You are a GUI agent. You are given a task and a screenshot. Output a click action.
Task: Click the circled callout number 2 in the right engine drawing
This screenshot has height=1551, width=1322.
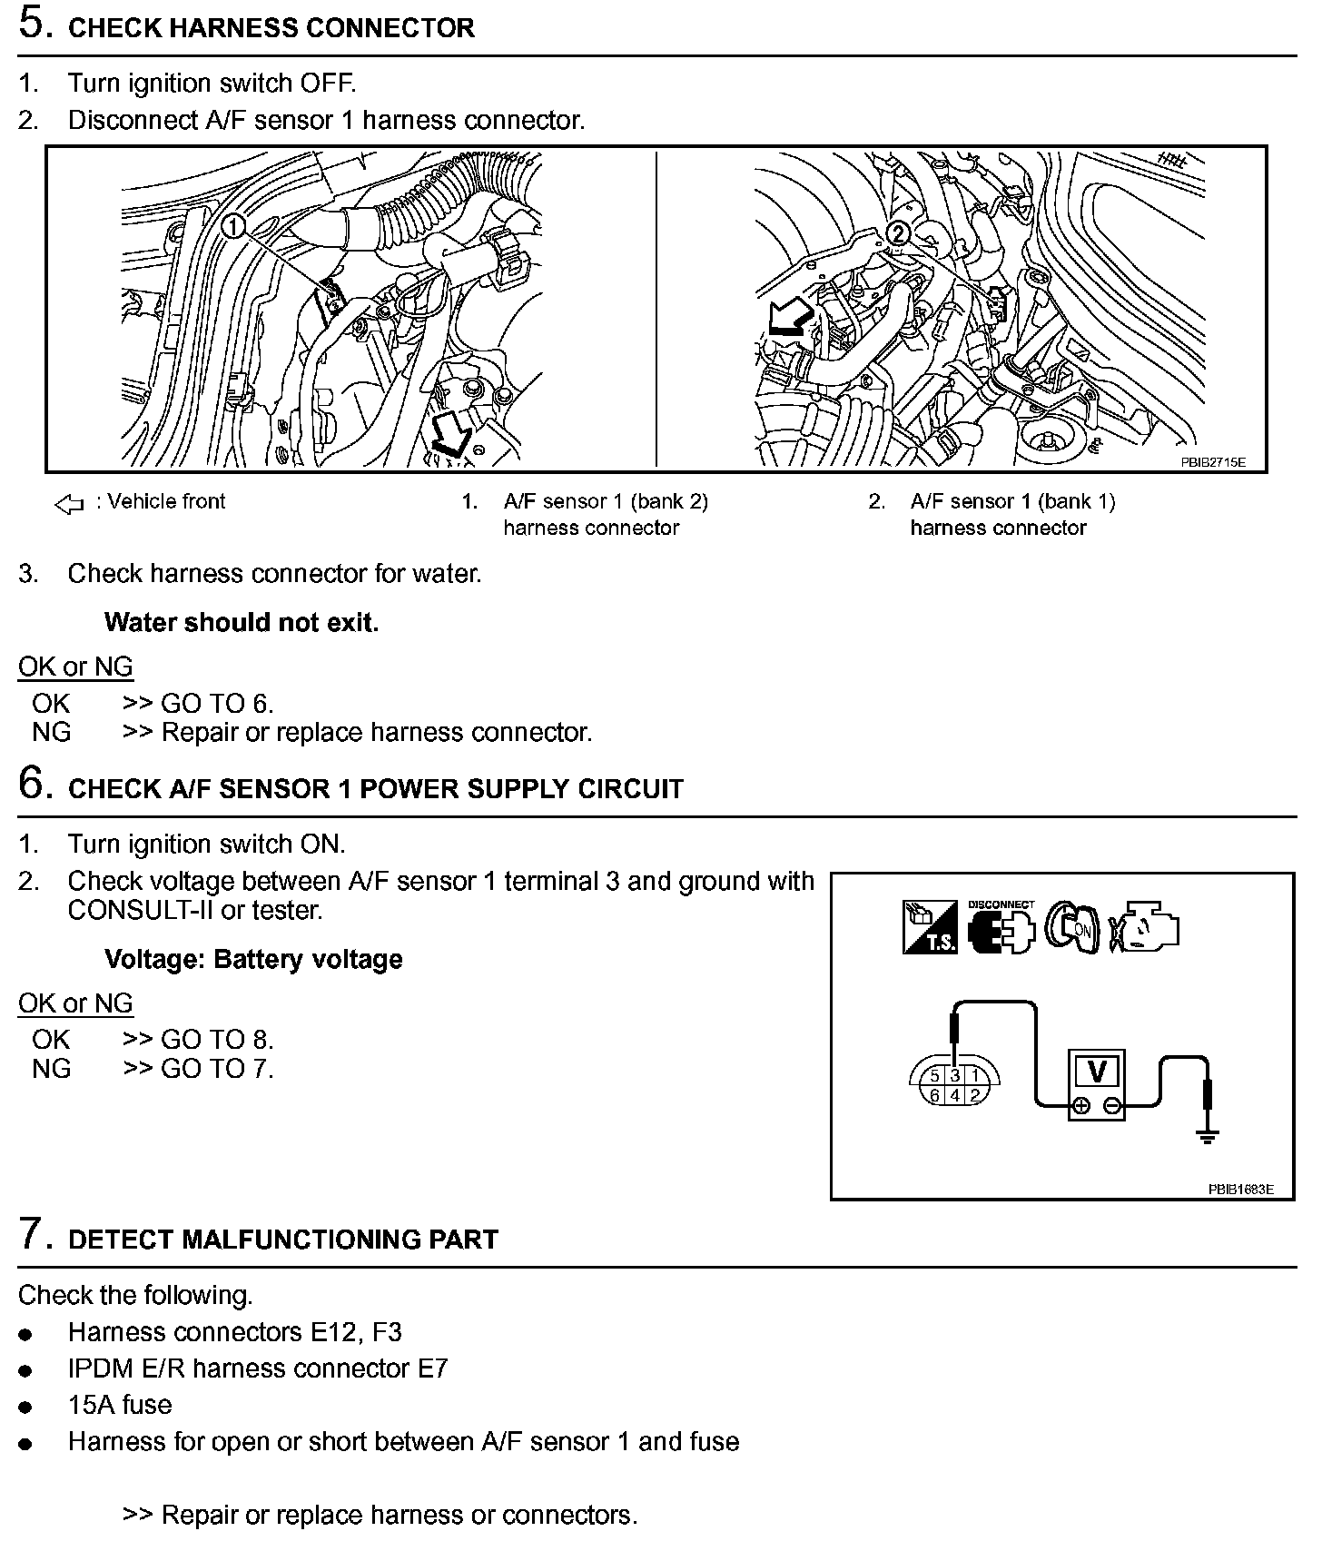point(897,233)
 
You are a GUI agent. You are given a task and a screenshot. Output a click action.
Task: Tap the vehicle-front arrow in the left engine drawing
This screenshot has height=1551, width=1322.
point(452,434)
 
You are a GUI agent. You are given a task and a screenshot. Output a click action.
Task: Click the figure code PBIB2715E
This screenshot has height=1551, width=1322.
point(1212,462)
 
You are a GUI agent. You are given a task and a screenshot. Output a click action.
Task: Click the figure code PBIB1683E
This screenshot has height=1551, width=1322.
point(1240,1189)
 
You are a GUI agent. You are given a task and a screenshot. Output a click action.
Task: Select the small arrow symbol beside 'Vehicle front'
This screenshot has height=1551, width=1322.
point(69,504)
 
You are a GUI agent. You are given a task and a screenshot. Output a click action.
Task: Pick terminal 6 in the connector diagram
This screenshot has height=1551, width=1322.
point(935,1095)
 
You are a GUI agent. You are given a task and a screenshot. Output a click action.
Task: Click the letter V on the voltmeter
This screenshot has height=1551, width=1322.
point(1097,1072)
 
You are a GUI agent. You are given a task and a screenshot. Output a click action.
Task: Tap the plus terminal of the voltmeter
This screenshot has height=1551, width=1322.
point(1080,1106)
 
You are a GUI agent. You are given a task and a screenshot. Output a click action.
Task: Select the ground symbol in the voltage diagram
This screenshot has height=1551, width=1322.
point(1207,1135)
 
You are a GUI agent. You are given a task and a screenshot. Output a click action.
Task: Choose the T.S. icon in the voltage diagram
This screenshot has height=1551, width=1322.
point(930,927)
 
